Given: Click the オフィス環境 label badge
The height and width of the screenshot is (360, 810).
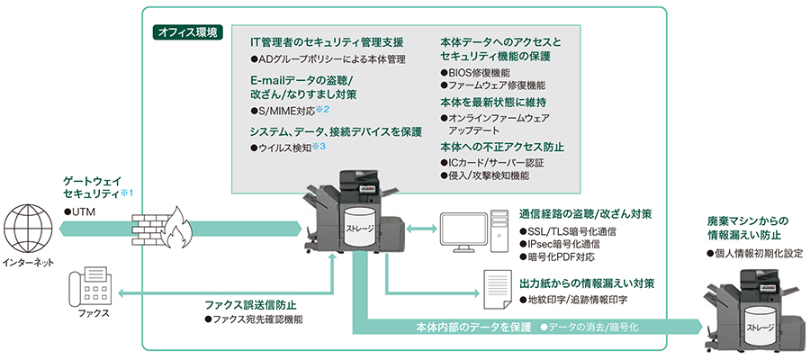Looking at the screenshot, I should click(187, 31).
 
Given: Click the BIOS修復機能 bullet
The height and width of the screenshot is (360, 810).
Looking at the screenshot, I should click(478, 72).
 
